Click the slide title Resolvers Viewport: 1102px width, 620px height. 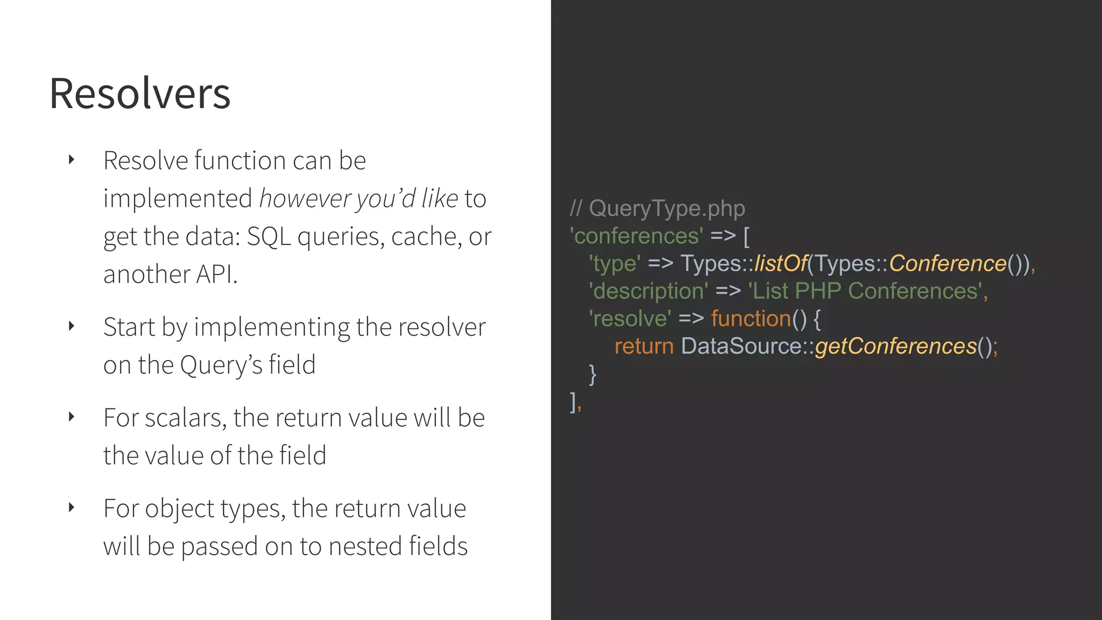[x=140, y=94]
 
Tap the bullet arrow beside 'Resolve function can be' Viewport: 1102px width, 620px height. [x=71, y=159]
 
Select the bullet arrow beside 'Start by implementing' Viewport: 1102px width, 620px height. [x=71, y=326]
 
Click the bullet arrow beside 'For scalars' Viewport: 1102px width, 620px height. [x=71, y=417]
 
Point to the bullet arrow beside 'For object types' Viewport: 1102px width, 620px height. [x=71, y=507]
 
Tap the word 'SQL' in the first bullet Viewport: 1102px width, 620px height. [x=269, y=236]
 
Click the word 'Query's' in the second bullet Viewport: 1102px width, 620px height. [x=221, y=365]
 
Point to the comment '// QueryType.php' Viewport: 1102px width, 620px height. [x=658, y=208]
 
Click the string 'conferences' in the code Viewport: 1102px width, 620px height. [x=637, y=236]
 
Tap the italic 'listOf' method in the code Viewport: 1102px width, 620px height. [x=780, y=264]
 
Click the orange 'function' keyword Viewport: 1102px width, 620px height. [x=751, y=319]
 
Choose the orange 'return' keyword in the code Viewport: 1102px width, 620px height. [x=644, y=346]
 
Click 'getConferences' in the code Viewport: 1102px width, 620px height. [x=895, y=346]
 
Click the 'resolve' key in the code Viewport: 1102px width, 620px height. [x=630, y=319]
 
